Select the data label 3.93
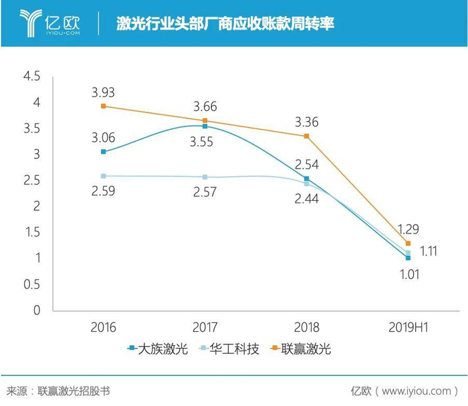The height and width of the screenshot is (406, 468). (104, 92)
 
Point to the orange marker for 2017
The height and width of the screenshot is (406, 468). (205, 120)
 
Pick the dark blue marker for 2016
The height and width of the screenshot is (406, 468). (103, 152)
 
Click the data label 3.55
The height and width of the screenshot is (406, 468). (204, 142)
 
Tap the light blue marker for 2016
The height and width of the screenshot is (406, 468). (103, 176)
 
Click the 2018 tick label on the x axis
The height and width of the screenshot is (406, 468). (306, 327)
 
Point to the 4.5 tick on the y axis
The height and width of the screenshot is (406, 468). (31, 77)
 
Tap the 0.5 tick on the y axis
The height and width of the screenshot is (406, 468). (31, 284)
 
